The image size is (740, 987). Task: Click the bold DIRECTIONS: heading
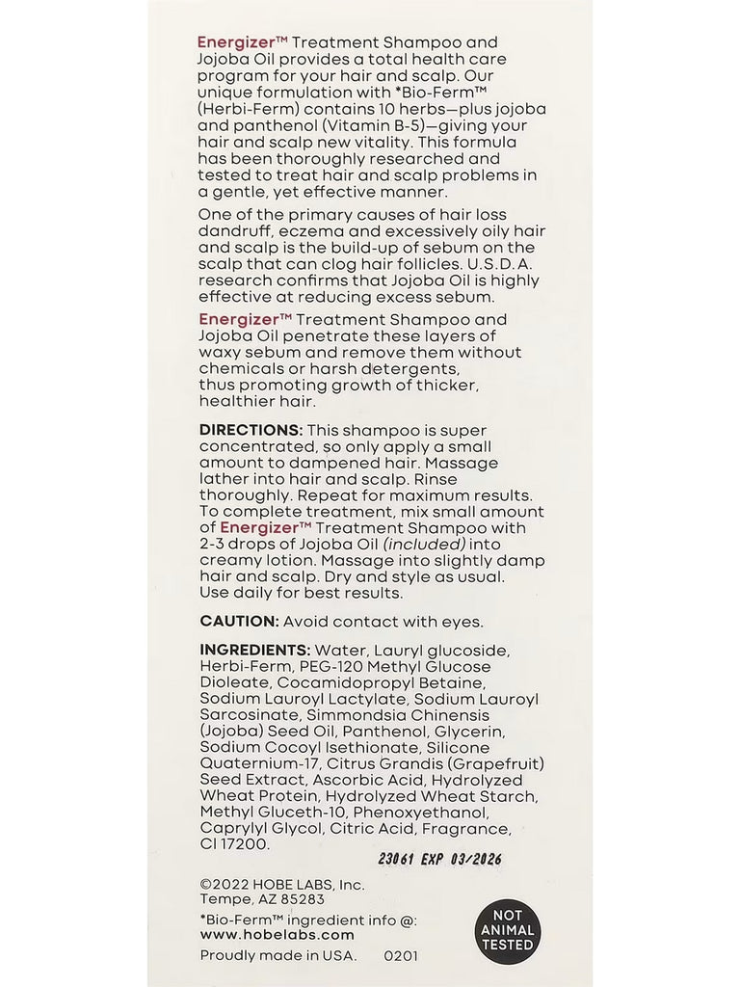point(251,429)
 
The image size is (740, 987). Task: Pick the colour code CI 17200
point(235,843)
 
